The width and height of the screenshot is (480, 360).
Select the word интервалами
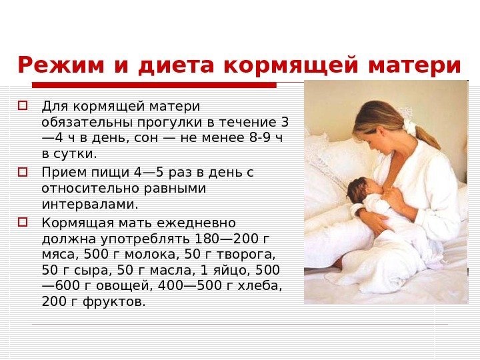pos(90,204)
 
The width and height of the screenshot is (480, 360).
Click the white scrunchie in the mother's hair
pos(409,128)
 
